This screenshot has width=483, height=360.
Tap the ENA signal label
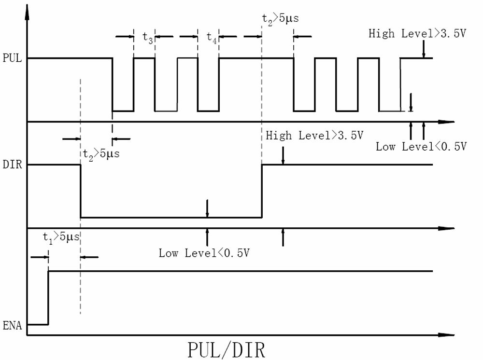click(10, 324)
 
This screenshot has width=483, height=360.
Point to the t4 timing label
click(211, 37)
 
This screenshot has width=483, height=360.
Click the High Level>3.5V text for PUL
click(417, 33)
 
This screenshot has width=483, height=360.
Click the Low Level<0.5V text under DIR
click(207, 252)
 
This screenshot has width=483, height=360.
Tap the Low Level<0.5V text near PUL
click(421, 146)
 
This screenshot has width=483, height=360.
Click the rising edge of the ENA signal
click(48, 297)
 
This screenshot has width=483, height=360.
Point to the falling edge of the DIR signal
click(80, 191)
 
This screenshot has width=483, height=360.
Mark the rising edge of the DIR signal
click(262, 191)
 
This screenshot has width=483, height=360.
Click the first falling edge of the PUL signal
click(112, 84)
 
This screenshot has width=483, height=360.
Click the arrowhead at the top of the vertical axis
click(28, 7)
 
